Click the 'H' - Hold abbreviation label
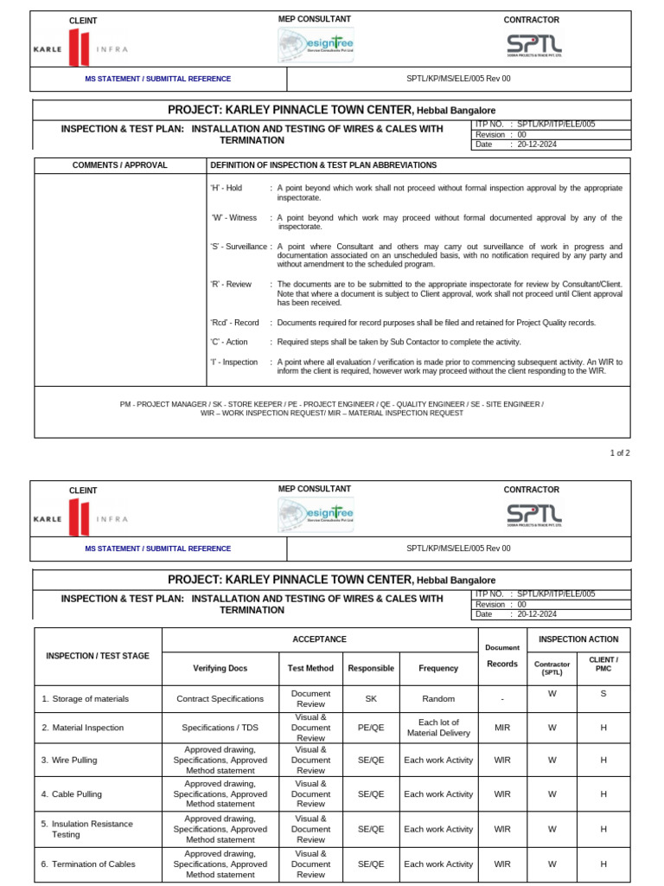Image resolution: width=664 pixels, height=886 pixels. pyautogui.click(x=227, y=188)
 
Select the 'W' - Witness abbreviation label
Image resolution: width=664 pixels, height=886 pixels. pyautogui.click(x=234, y=218)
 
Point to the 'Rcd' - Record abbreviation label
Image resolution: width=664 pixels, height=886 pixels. pyautogui.click(x=234, y=323)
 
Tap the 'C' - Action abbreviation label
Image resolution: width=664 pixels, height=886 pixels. pyautogui.click(x=230, y=342)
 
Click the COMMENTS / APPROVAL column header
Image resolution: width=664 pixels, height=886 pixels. pyautogui.click(x=120, y=165)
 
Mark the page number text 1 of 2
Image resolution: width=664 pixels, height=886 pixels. pyautogui.click(x=621, y=453)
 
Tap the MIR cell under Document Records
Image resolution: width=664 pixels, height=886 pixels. pyautogui.click(x=502, y=729)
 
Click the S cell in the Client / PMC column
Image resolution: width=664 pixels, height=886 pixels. pyautogui.click(x=603, y=694)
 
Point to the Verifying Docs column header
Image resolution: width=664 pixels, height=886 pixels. pyautogui.click(x=220, y=668)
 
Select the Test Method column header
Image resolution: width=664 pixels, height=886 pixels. pyautogui.click(x=310, y=668)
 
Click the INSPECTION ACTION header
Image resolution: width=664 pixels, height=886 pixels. pyautogui.click(x=578, y=639)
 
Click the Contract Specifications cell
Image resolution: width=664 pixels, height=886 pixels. pyautogui.click(x=220, y=699)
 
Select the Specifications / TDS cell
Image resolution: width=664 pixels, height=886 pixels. pyautogui.click(x=220, y=729)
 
